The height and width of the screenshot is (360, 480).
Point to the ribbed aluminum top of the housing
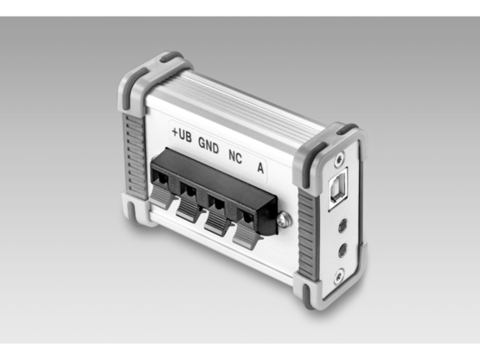coord(251,100)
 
